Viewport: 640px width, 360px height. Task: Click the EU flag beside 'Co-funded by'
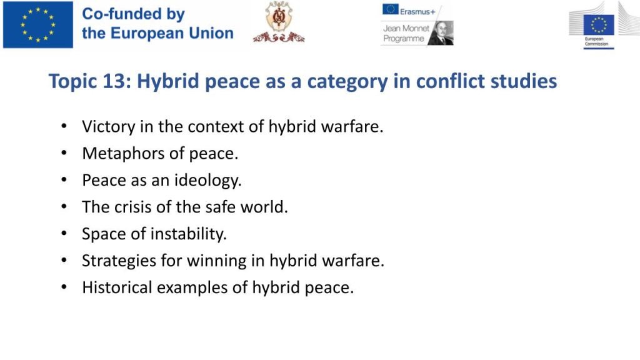tap(38, 24)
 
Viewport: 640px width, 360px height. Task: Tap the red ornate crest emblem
tap(279, 22)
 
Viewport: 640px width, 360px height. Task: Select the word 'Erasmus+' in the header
tap(417, 12)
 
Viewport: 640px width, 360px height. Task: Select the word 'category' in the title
tap(347, 82)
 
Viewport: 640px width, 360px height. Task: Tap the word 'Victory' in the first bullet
tap(108, 126)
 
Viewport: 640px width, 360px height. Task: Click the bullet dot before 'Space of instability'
tap(64, 234)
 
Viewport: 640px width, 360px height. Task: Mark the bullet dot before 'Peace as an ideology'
tap(64, 180)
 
